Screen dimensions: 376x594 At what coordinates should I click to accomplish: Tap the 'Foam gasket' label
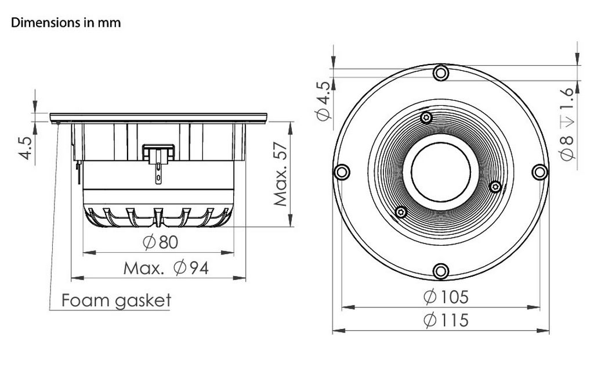[x=116, y=300]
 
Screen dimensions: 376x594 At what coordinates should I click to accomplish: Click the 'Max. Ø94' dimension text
[x=166, y=268]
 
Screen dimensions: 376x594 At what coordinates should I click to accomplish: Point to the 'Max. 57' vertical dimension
[x=281, y=174]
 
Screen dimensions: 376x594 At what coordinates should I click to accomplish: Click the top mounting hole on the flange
[x=441, y=73]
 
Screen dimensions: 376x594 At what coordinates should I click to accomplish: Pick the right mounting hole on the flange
[x=540, y=171]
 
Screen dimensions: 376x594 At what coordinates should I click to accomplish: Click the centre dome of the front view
[x=441, y=171]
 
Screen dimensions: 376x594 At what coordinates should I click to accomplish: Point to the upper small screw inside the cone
[x=427, y=118]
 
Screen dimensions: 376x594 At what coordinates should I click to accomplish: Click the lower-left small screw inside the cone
[x=400, y=212]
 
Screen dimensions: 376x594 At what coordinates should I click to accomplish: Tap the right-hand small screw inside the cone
[x=495, y=187]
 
